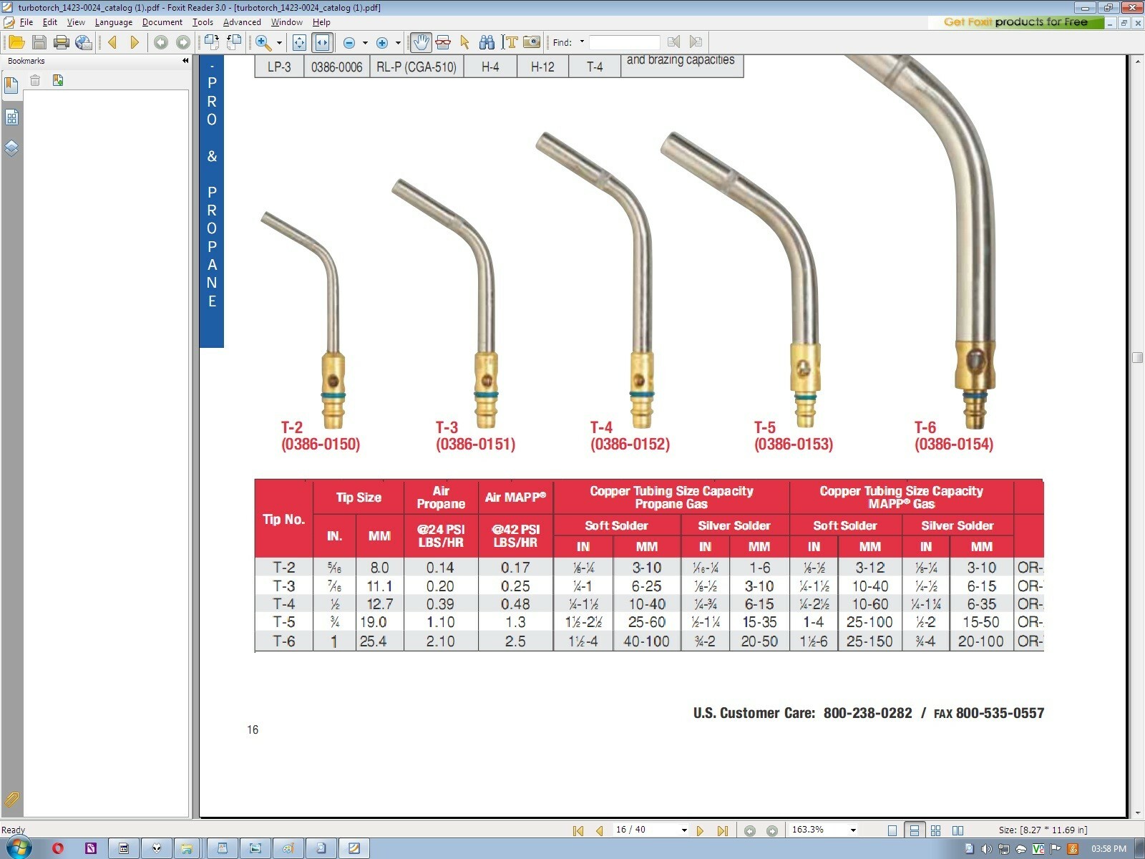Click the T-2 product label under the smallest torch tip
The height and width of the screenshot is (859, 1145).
pyautogui.click(x=292, y=427)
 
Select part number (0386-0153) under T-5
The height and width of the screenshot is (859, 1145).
pyautogui.click(x=793, y=445)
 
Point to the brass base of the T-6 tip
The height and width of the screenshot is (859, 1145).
pyautogui.click(x=975, y=365)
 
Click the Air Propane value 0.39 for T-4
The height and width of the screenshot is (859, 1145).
pyautogui.click(x=440, y=604)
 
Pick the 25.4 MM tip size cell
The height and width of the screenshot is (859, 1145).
pyautogui.click(x=373, y=641)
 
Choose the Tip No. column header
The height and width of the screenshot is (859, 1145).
pyautogui.click(x=284, y=519)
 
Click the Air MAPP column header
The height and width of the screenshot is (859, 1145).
pyautogui.click(x=515, y=498)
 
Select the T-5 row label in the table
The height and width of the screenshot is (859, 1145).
pyautogui.click(x=284, y=622)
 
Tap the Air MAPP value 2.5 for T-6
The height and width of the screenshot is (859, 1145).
pyautogui.click(x=515, y=641)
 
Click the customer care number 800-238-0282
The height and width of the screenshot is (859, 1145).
pyautogui.click(x=867, y=713)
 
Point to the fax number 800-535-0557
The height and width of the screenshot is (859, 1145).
pyautogui.click(x=1000, y=713)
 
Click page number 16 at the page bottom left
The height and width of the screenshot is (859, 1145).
pyautogui.click(x=253, y=729)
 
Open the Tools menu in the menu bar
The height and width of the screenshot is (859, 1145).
pyautogui.click(x=203, y=22)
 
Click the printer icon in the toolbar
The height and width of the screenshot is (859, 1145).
pyautogui.click(x=62, y=42)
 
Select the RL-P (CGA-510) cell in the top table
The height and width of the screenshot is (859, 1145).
pyautogui.click(x=416, y=67)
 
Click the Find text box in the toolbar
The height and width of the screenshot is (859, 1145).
pyautogui.click(x=624, y=42)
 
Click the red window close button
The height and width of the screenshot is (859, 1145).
pyautogui.click(x=1132, y=7)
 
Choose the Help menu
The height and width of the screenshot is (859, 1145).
pyautogui.click(x=321, y=22)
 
